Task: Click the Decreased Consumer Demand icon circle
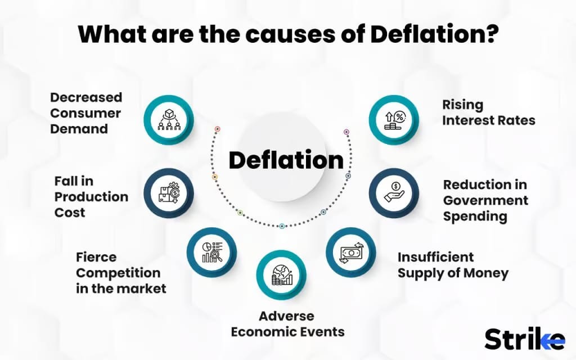tap(169, 120)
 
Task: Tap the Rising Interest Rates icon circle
tap(394, 120)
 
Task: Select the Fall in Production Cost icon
tap(169, 193)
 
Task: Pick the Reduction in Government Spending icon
tap(394, 193)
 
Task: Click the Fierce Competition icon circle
tap(211, 253)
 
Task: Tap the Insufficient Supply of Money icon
tap(351, 253)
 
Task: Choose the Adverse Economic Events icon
tap(281, 275)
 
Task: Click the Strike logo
tap(525, 339)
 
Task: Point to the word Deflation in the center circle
tap(286, 160)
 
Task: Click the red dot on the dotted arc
tap(218, 129)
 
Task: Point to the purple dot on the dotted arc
tap(346, 132)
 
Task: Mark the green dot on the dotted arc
tap(240, 213)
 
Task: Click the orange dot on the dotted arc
tap(215, 177)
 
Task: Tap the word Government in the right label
tap(485, 200)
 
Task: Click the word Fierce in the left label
tap(96, 257)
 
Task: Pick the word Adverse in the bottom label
tap(286, 316)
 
